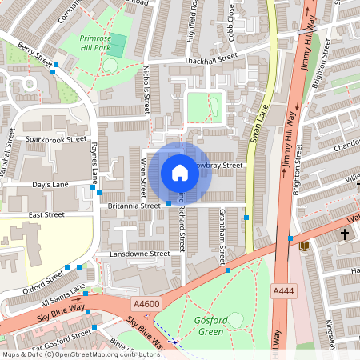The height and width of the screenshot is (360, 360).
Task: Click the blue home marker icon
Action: coord(180,172)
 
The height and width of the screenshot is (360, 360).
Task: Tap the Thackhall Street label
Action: coord(210,58)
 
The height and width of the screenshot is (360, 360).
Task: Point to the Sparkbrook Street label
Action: coord(55,138)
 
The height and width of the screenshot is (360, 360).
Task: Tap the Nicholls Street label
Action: coord(146,89)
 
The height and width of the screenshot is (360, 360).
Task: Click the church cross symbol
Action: coord(345,234)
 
